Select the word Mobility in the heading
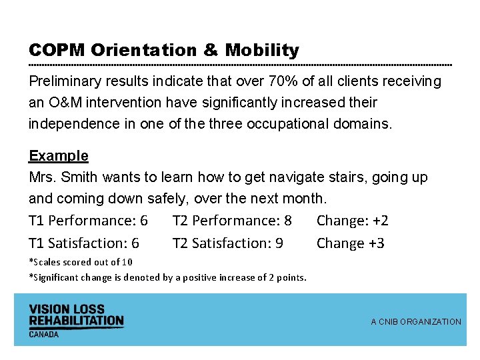pyautogui.click(x=262, y=51)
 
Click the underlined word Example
pyautogui.click(x=59, y=156)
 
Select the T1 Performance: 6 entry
pyautogui.click(x=88, y=221)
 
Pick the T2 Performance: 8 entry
pyautogui.click(x=232, y=221)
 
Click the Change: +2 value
pyautogui.click(x=352, y=221)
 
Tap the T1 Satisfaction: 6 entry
pyautogui.click(x=84, y=243)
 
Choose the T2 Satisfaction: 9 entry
pyautogui.click(x=228, y=243)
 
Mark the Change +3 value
pyautogui.click(x=350, y=243)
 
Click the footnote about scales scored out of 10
pyautogui.click(x=81, y=262)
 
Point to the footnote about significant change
pyautogui.click(x=167, y=277)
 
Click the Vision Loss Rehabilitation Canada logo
pyautogui.click(x=76, y=319)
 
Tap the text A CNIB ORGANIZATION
pyautogui.click(x=415, y=322)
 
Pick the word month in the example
pyautogui.click(x=303, y=199)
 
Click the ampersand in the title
pyautogui.click(x=210, y=51)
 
